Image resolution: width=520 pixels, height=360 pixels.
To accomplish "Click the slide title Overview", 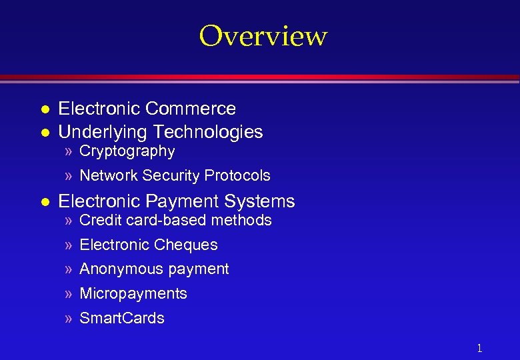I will (263, 36).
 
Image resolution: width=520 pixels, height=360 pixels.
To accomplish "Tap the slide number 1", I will (479, 347).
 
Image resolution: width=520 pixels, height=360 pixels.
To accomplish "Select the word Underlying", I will (103, 132).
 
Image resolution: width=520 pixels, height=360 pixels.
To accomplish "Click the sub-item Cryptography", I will (127, 151).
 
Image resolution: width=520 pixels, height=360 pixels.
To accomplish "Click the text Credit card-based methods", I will (175, 220).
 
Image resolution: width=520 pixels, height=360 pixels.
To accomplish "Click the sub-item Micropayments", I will (133, 294).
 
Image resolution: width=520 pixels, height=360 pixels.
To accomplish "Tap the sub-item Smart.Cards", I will (122, 319).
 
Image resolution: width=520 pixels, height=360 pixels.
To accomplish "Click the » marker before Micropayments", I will (69, 294).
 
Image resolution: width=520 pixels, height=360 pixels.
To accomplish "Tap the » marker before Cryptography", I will (69, 151).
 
